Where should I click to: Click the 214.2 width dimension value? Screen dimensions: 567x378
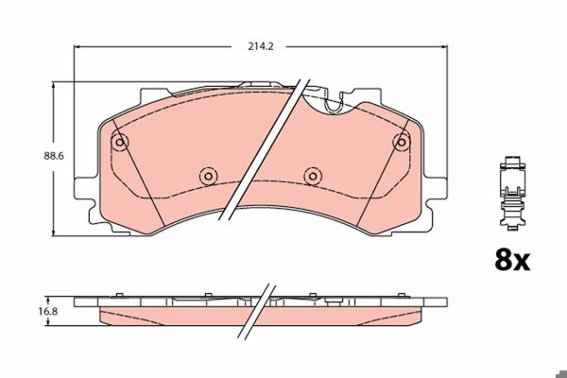261,46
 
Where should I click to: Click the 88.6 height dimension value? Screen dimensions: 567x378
54,156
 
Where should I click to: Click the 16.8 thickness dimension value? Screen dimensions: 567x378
48,311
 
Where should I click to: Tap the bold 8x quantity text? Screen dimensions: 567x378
512,260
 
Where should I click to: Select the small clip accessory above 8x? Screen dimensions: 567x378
512,194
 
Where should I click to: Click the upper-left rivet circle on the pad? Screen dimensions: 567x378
119,142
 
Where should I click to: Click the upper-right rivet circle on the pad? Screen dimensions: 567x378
401,142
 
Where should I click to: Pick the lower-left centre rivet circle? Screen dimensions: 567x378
208,176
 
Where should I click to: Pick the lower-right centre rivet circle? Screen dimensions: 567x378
313,176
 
